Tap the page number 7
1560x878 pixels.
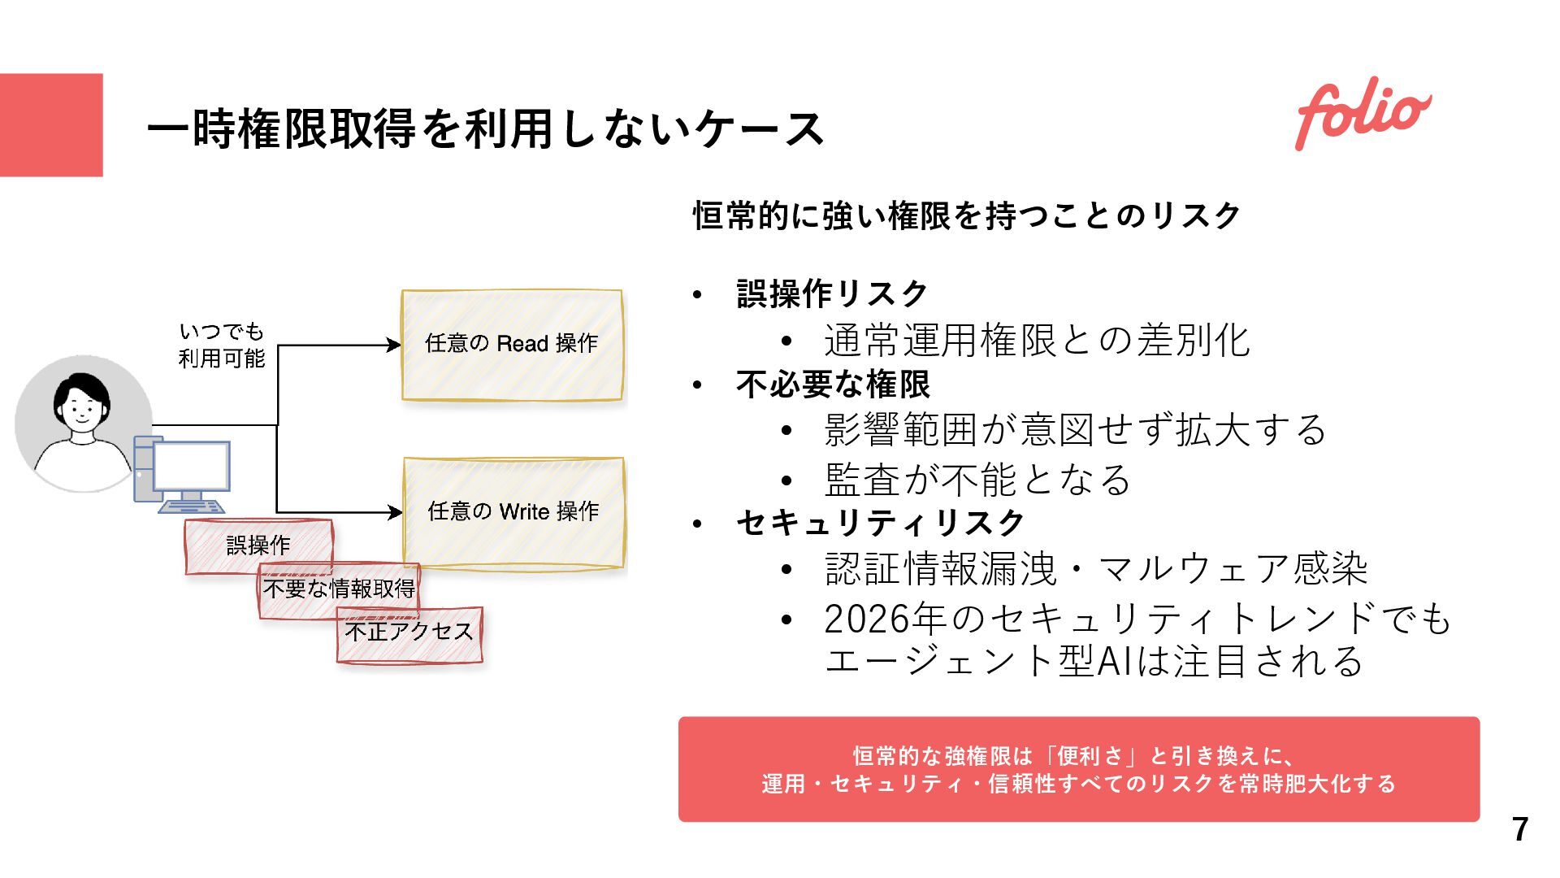1520,829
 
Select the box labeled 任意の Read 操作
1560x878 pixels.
512,345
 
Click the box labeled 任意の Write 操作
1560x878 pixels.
513,512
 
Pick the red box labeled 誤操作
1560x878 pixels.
258,545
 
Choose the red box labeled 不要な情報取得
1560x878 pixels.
339,589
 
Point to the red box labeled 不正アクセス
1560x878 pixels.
409,632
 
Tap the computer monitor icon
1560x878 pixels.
191,467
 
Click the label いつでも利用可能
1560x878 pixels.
222,345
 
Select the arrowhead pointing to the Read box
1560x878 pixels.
394,345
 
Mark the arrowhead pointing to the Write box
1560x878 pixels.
396,512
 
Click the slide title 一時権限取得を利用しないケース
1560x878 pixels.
485,128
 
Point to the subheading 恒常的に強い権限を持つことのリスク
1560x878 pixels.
967,216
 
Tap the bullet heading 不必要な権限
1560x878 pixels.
833,385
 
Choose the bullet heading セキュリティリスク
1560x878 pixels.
881,523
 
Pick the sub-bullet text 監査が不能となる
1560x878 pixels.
977,480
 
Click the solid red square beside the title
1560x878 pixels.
51,124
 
